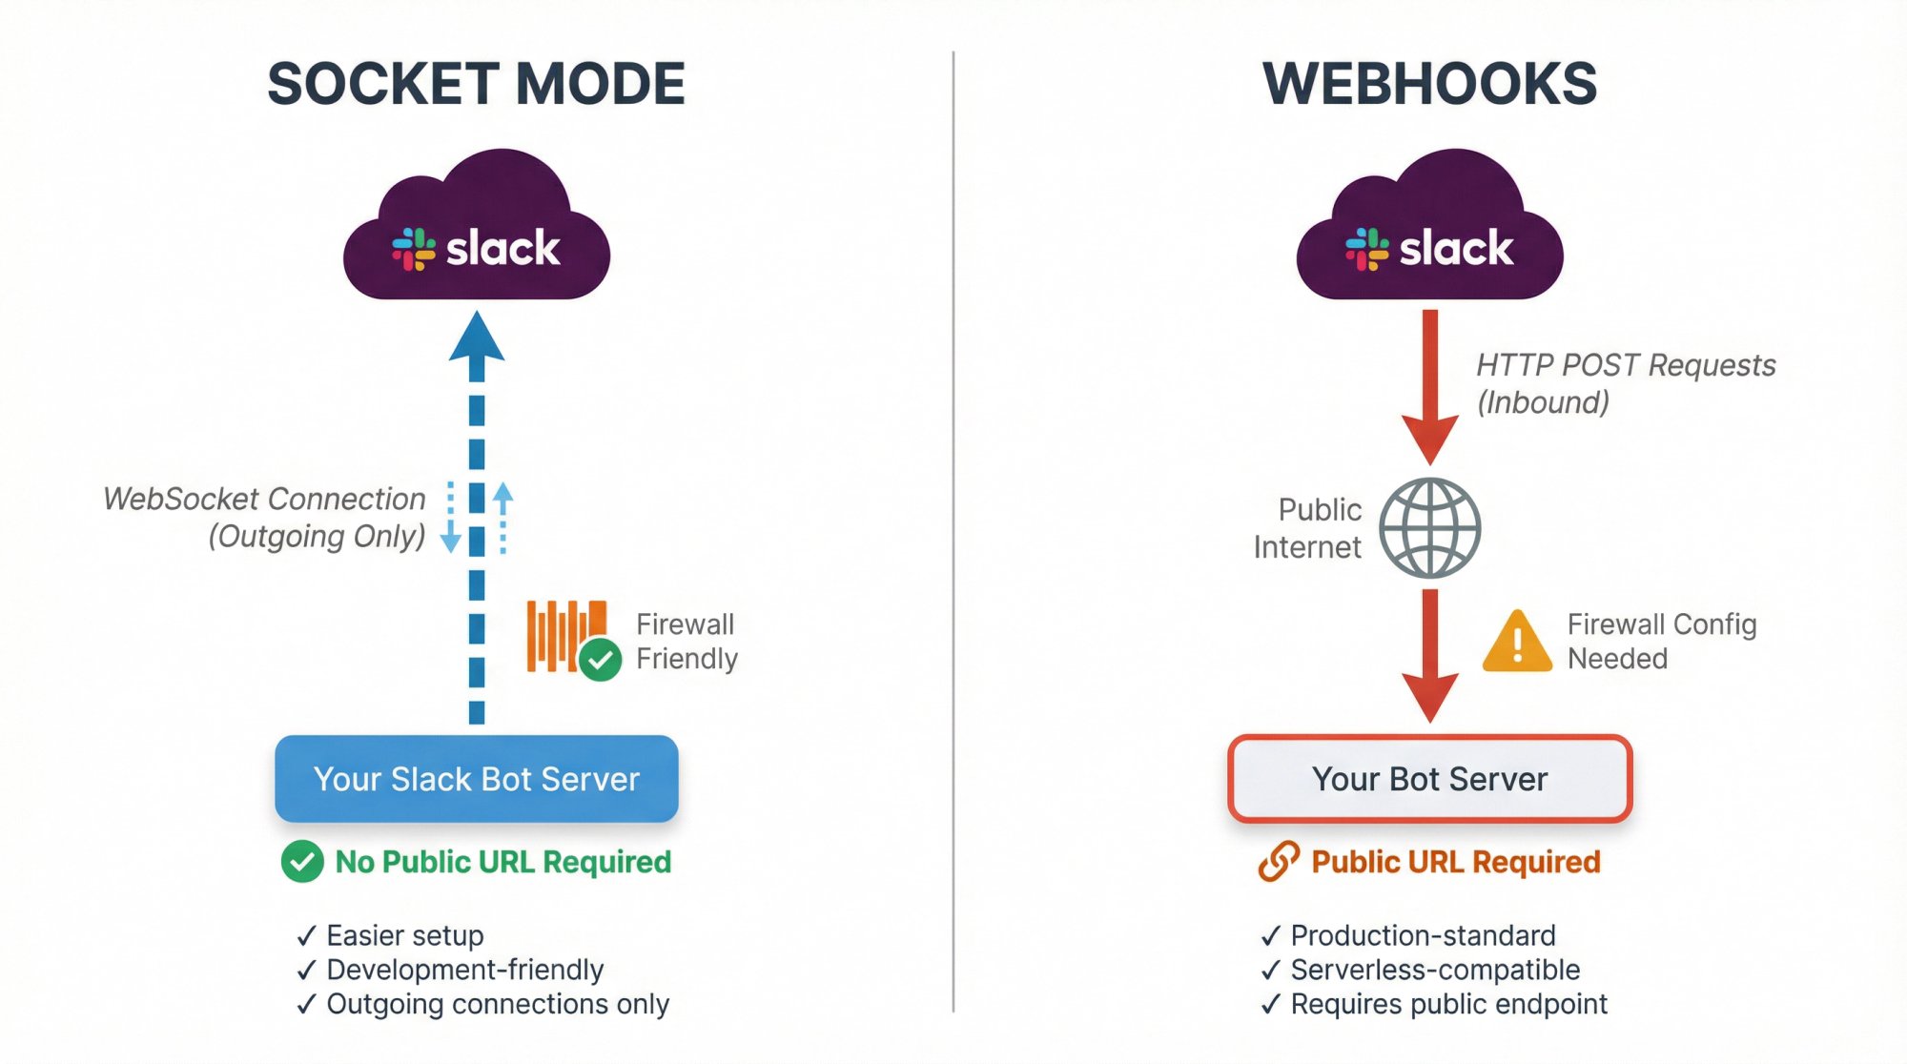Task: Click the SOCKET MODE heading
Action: (476, 84)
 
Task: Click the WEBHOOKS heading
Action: (1429, 84)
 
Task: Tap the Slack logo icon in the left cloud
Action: (413, 249)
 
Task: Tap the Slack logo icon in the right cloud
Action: (1366, 249)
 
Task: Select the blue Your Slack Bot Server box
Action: (476, 779)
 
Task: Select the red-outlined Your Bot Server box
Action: (1429, 779)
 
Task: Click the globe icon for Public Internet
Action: (1429, 528)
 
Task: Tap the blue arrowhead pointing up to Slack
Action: (477, 338)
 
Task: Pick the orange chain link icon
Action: (1278, 861)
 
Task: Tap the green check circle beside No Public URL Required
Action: (302, 862)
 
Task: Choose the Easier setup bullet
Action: (404, 935)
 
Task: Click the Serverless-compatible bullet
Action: (1434, 970)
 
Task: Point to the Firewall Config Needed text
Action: (1660, 642)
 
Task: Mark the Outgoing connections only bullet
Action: (497, 1004)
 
